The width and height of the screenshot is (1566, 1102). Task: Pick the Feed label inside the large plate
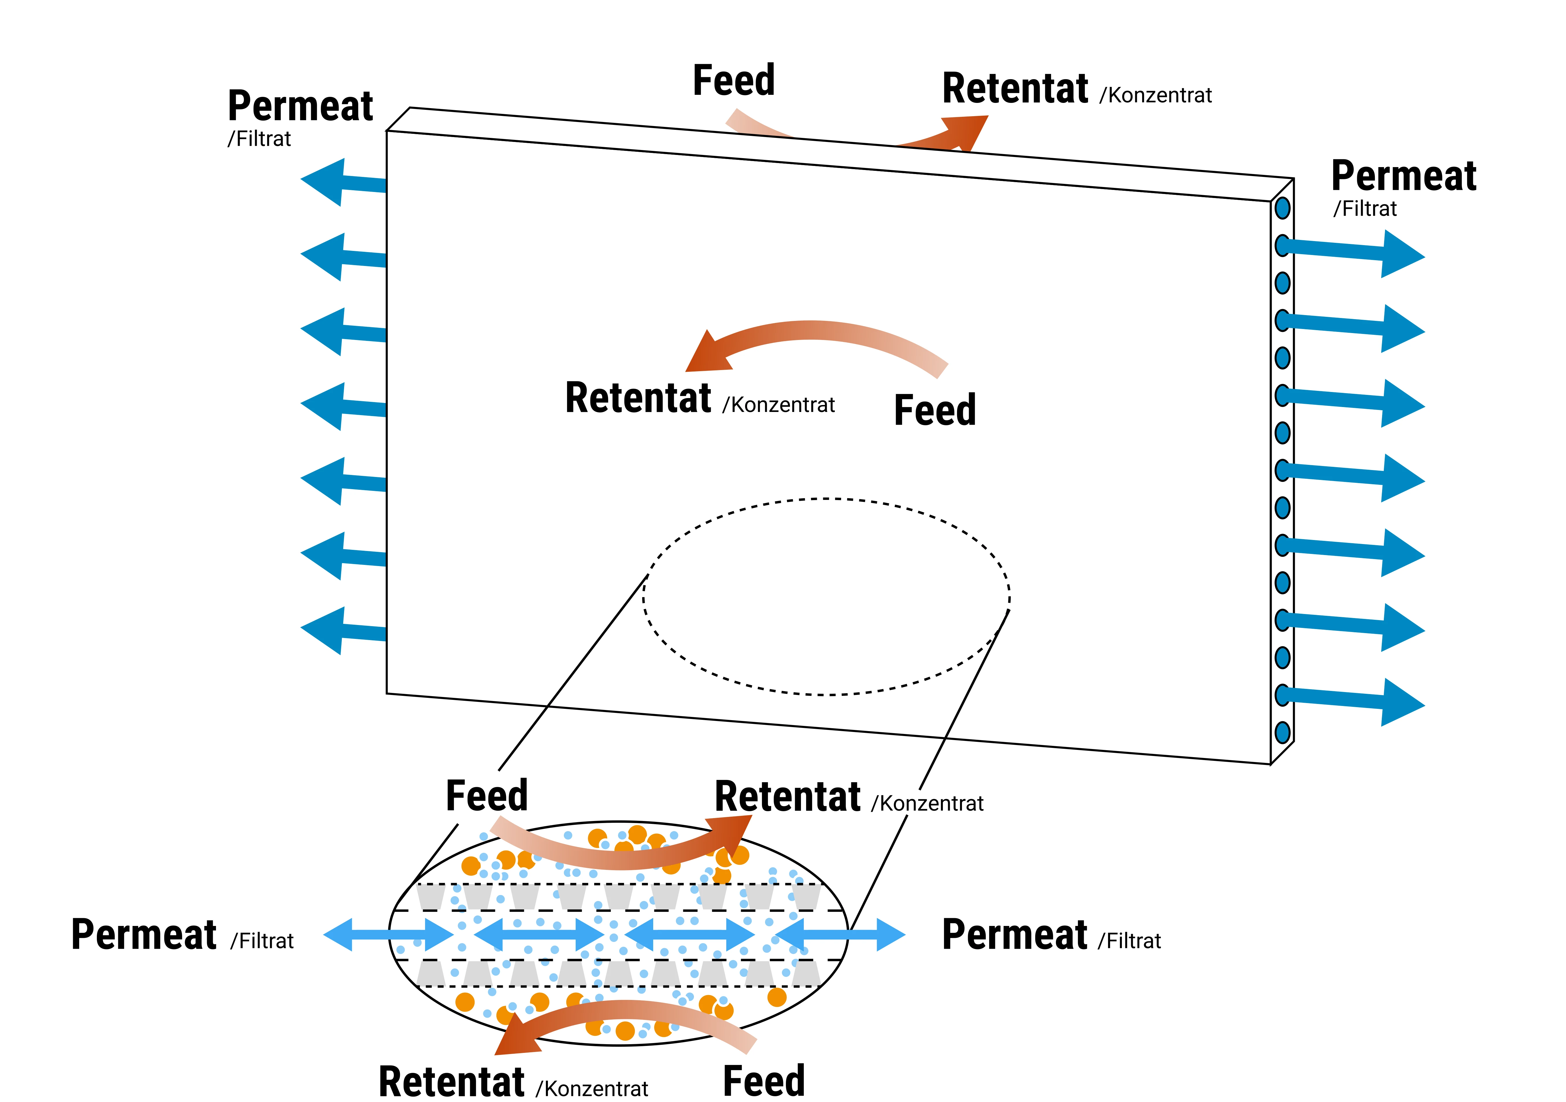pyautogui.click(x=935, y=411)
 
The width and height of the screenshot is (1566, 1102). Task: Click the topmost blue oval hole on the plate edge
pyautogui.click(x=1282, y=208)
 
